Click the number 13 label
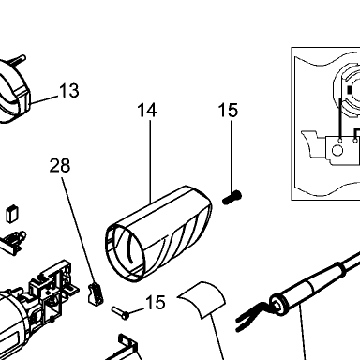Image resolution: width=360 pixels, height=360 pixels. pos(69,91)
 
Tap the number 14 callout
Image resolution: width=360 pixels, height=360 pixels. pos(147,111)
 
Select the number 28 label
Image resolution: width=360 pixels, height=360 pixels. pos(60,166)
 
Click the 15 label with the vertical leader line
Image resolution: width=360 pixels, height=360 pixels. pos(228,111)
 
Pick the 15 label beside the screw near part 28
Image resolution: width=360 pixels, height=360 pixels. pos(156,303)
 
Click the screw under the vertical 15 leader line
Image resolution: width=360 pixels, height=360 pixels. pos(232,198)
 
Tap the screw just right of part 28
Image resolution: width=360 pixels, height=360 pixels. pos(120,313)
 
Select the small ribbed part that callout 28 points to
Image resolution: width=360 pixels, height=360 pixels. pos(96,293)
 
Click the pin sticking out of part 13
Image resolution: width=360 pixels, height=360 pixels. pos(18,60)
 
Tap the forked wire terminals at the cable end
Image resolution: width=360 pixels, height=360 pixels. pos(250,316)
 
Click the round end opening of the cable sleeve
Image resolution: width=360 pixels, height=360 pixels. pos(277,303)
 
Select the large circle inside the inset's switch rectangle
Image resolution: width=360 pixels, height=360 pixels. pos(337,151)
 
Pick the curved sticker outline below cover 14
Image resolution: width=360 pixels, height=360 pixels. pos(202,299)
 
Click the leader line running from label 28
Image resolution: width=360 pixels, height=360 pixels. pos(79,230)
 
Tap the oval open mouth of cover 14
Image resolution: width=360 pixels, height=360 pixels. pos(126,252)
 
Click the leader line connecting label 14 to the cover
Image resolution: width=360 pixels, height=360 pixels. pos(150,161)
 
